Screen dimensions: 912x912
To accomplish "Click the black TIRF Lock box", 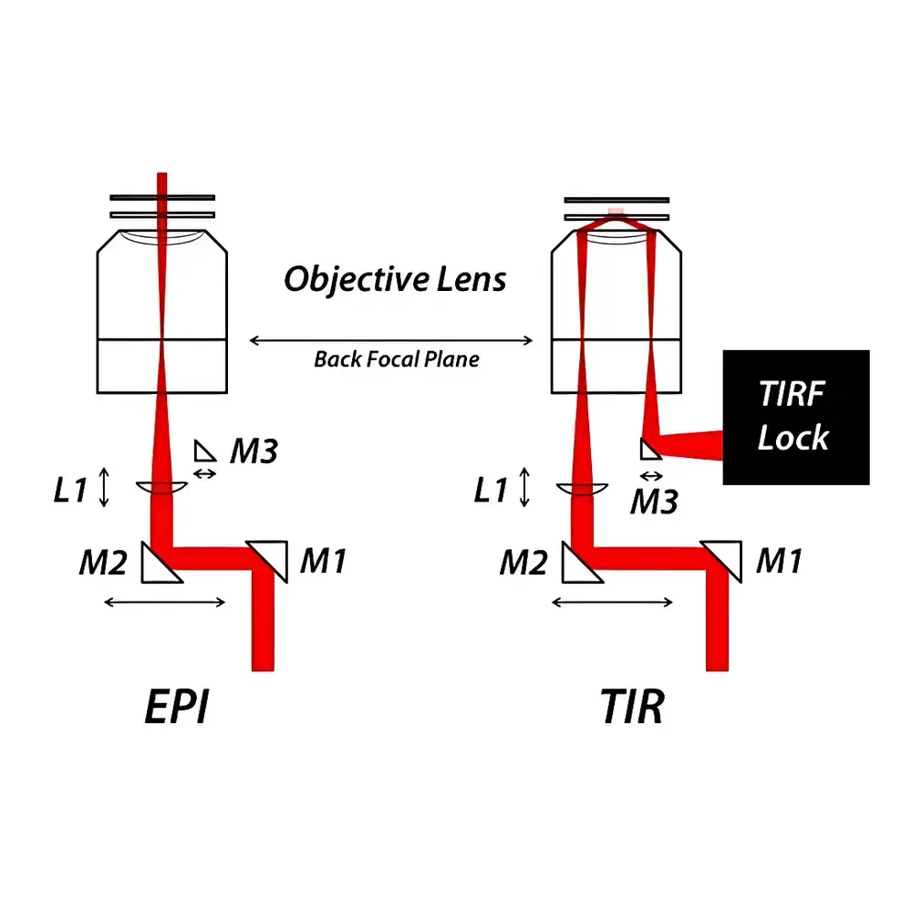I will pyautogui.click(x=795, y=417).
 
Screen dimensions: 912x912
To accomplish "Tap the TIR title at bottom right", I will pyautogui.click(x=633, y=708).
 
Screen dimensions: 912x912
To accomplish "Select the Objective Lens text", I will pyautogui.click(x=394, y=279).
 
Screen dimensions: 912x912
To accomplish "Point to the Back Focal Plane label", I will pyautogui.click(x=396, y=358).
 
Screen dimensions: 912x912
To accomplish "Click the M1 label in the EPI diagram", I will pyautogui.click(x=323, y=562).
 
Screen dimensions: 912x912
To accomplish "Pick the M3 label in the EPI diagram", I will pyautogui.click(x=254, y=451).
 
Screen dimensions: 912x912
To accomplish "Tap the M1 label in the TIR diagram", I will pyautogui.click(x=778, y=562).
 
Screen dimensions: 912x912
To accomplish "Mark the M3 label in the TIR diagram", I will pyautogui.click(x=654, y=501).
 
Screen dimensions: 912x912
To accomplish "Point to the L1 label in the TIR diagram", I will pyautogui.click(x=490, y=491).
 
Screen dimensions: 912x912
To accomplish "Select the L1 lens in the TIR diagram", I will pyautogui.click(x=581, y=490).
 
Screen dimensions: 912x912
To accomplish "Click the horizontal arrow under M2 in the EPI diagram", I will pyautogui.click(x=165, y=601).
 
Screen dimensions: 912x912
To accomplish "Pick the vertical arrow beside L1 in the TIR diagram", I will pyautogui.click(x=524, y=487).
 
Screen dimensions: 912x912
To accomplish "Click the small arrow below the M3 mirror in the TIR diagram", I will pyautogui.click(x=651, y=476).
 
